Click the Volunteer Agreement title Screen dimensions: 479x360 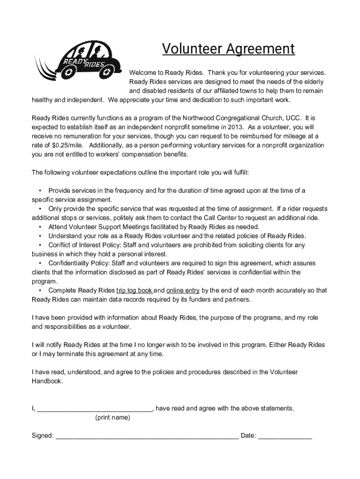point(228,49)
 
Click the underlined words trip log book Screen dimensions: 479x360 point(134,290)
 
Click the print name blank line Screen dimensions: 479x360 point(94,409)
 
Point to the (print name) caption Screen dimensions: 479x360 point(113,418)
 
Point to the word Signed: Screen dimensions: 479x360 point(42,436)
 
